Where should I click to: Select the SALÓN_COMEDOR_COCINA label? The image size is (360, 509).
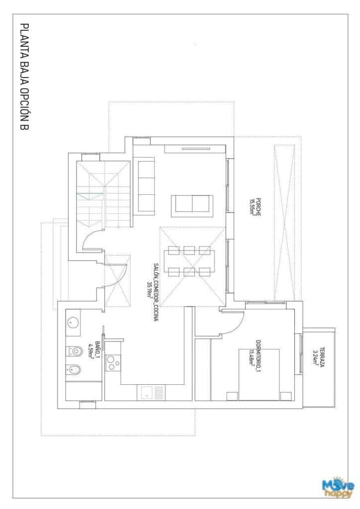(156, 293)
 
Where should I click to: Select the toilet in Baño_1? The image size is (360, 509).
(75, 352)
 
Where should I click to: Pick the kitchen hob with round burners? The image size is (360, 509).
(114, 361)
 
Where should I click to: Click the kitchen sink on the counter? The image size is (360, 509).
(147, 393)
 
